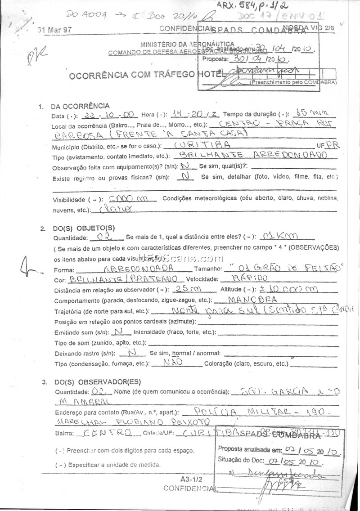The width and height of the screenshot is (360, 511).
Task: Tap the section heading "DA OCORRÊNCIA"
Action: click(80, 106)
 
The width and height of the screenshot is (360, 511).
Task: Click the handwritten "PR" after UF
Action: click(332, 145)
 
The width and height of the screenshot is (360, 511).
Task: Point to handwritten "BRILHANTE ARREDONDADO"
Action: click(253, 155)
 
